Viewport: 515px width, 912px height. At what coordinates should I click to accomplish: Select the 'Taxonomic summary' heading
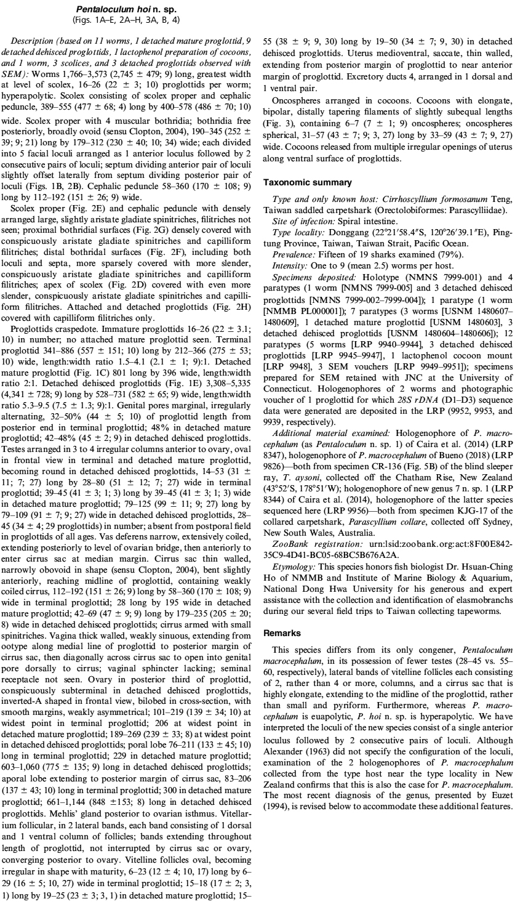(298, 183)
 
